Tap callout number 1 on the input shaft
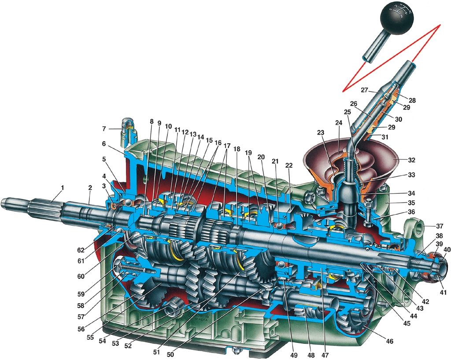tap(62, 188)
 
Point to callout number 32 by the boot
tap(412, 160)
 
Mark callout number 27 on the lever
tap(364, 90)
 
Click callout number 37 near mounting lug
tap(440, 226)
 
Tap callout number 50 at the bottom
tap(170, 354)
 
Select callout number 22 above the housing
tap(289, 165)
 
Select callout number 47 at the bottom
tap(325, 355)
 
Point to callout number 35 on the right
tap(412, 203)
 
